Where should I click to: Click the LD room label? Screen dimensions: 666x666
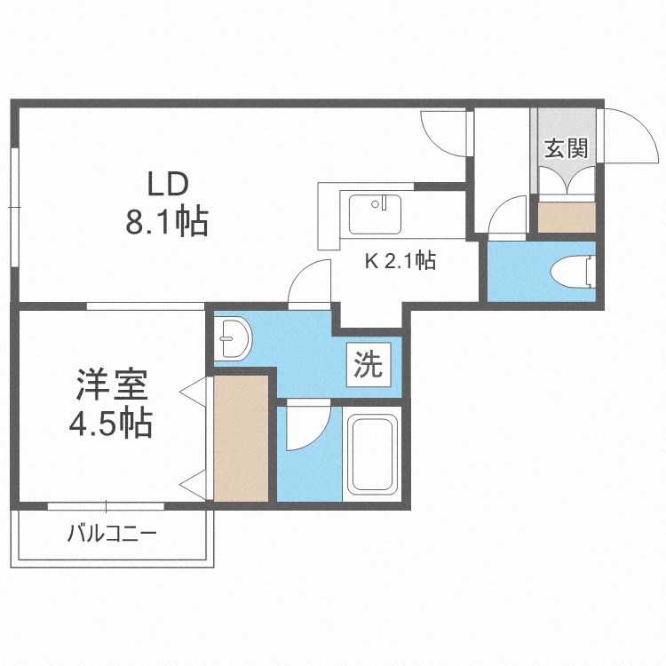point(168,184)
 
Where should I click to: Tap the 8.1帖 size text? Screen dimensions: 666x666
point(167,221)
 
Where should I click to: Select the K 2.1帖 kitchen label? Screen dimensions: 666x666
point(400,261)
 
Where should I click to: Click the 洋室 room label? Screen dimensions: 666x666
point(112,385)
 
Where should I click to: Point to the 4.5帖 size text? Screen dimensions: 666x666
point(110,423)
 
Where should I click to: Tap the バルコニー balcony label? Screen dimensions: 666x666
point(112,533)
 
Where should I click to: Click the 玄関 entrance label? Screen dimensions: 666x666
point(567,148)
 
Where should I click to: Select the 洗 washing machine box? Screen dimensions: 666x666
point(369,364)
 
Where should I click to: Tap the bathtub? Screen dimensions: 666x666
point(372,454)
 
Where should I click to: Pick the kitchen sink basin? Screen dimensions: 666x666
point(375,214)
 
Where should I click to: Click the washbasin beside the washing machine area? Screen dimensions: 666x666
point(233,339)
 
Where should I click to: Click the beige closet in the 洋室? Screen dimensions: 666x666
point(241,439)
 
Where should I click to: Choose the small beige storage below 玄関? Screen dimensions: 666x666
point(567,218)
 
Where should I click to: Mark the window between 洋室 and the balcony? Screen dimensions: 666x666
point(106,506)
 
